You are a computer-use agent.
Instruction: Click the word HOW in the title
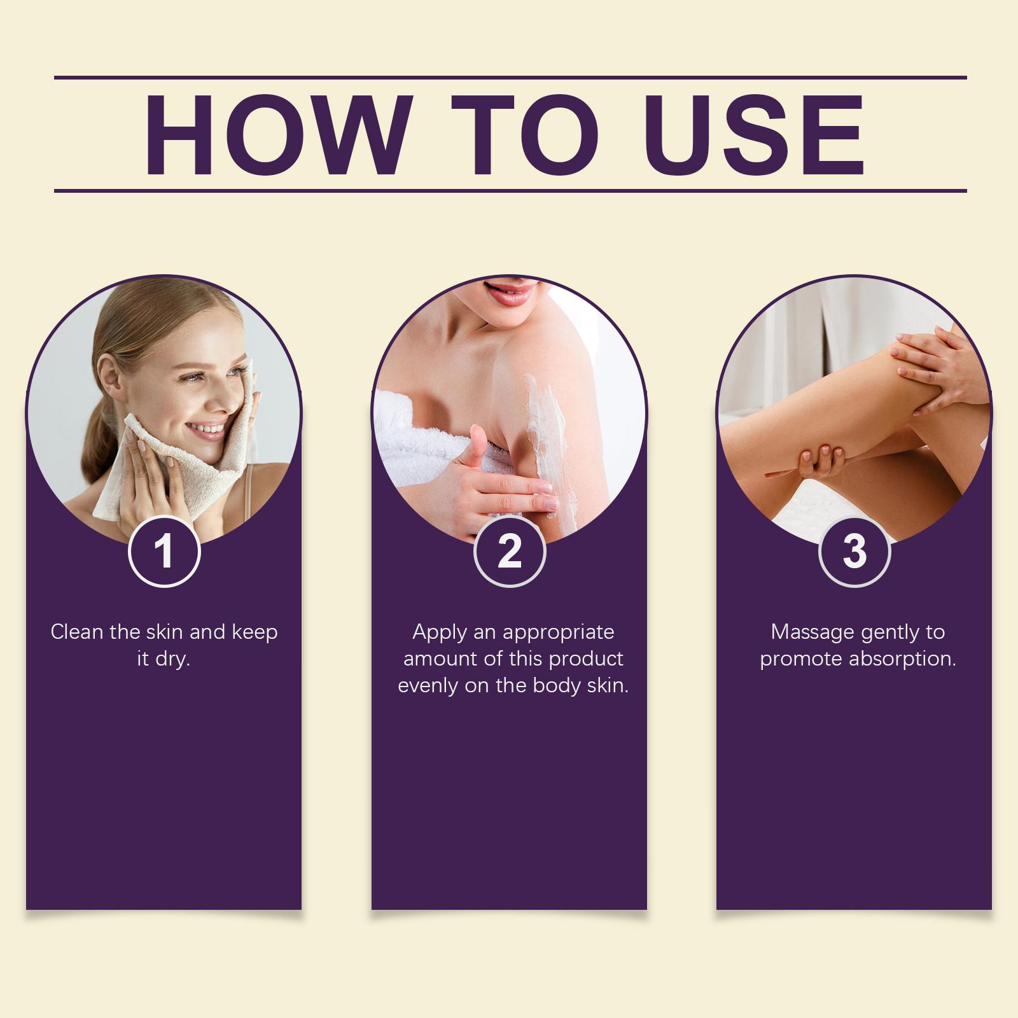[x=274, y=136]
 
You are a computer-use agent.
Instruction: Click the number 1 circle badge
[x=164, y=551]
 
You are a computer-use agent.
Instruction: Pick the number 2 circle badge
[x=510, y=551]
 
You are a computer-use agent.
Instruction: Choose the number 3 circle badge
[x=854, y=551]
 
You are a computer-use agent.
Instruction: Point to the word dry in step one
[x=172, y=660]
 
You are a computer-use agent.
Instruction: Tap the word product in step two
[x=586, y=660]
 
